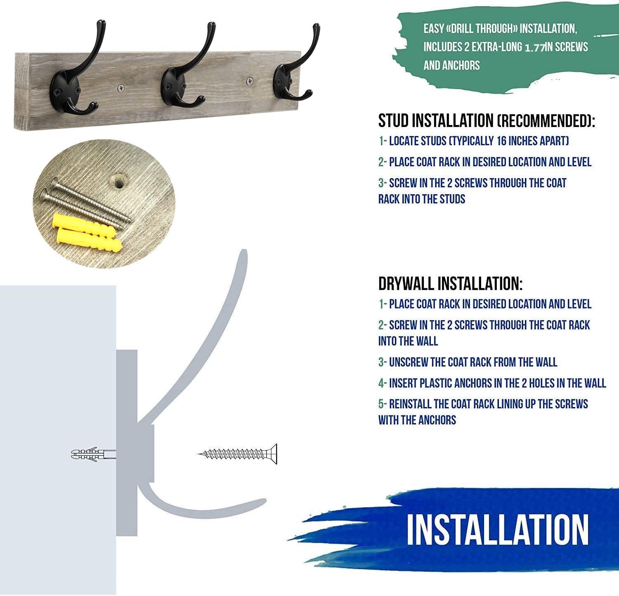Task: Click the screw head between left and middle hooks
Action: [121, 87]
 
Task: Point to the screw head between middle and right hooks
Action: [250, 80]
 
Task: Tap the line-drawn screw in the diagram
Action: [238, 454]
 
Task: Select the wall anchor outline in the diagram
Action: [93, 454]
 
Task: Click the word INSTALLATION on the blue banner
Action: [497, 530]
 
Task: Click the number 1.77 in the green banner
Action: [535, 47]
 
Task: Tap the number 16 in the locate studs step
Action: [502, 141]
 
